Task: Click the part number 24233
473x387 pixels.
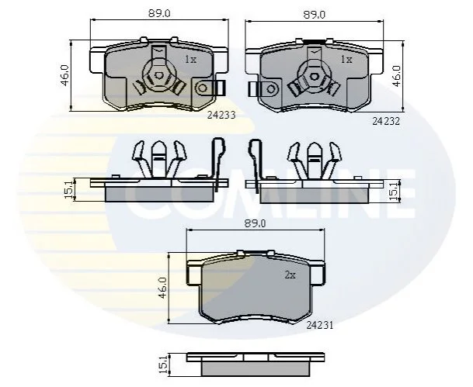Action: (221, 115)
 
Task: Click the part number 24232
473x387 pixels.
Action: (386, 121)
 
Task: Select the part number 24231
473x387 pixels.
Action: (320, 325)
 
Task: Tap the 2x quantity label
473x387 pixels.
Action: (290, 275)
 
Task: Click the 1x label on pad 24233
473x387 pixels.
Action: (190, 60)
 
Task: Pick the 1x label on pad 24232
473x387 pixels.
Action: (346, 60)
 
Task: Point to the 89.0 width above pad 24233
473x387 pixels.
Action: (159, 14)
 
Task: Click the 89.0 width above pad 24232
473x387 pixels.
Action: (315, 15)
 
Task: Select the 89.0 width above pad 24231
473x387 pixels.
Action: (256, 224)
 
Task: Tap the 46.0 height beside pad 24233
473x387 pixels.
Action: (65, 75)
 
